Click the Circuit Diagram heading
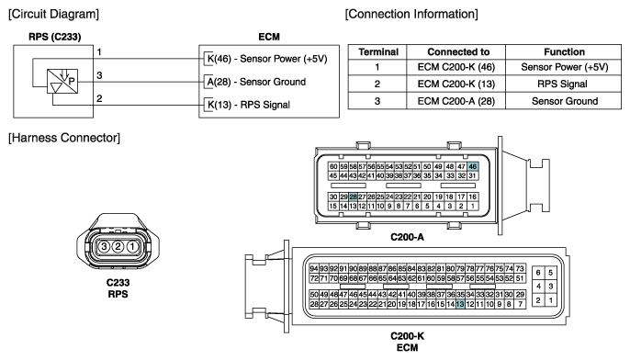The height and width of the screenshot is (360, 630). tap(53, 14)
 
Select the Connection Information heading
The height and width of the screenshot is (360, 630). tap(411, 14)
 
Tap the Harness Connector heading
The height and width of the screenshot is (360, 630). tap(64, 138)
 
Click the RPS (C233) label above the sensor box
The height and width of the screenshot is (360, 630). tap(55, 37)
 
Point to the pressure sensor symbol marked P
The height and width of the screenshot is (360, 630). tap(62, 81)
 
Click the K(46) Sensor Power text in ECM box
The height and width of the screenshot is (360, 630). tap(267, 59)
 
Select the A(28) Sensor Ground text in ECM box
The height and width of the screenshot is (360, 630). tap(256, 82)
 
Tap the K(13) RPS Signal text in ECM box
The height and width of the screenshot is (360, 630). tap(248, 105)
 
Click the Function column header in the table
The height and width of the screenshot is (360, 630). tap(564, 51)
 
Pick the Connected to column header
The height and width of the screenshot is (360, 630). tap(458, 51)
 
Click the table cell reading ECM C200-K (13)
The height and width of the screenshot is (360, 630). tap(456, 84)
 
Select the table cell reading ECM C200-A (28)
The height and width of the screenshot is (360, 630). tap(456, 101)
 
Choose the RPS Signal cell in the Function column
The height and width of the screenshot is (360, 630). tap(562, 84)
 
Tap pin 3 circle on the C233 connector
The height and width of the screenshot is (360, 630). tap(104, 246)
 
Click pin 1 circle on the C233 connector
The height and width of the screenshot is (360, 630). tap(132, 246)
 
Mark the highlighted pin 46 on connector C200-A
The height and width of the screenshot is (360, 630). tap(472, 166)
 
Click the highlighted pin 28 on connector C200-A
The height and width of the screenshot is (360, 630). tap(353, 197)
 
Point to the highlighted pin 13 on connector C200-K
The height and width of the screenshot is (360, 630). tap(460, 304)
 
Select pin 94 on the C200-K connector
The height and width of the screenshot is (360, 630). tap(314, 268)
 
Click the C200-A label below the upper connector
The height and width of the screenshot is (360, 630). tap(407, 237)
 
